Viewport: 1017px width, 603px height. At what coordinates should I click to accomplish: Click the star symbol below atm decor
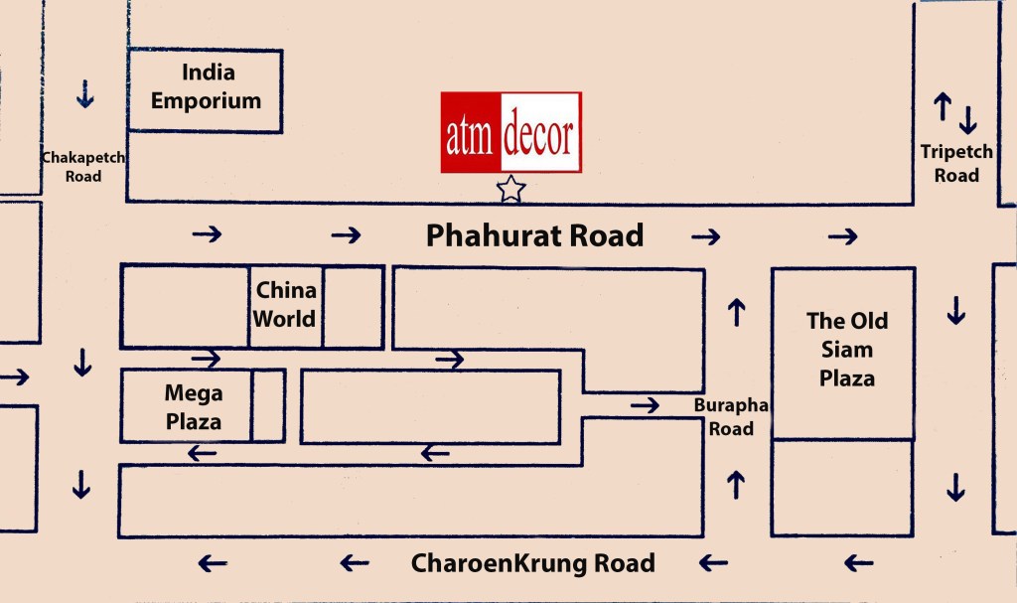pyautogui.click(x=510, y=188)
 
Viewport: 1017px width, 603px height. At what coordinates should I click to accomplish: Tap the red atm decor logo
pyautogui.click(x=510, y=132)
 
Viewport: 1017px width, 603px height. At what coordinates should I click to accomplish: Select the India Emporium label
pyautogui.click(x=206, y=86)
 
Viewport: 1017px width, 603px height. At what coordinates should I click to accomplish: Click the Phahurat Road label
pyautogui.click(x=534, y=235)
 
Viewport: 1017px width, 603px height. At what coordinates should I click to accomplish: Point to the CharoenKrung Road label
pyautogui.click(x=533, y=563)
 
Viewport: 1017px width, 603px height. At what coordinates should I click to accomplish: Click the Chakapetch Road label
pyautogui.click(x=83, y=167)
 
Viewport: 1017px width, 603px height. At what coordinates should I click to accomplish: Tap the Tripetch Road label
pyautogui.click(x=955, y=164)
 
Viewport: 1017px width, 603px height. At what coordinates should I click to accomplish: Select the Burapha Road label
pyautogui.click(x=723, y=417)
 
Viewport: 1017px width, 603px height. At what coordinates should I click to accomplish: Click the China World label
pyautogui.click(x=285, y=305)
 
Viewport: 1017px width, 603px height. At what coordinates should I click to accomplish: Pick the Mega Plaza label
pyautogui.click(x=193, y=406)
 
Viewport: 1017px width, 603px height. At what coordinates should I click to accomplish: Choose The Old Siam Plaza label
pyautogui.click(x=846, y=350)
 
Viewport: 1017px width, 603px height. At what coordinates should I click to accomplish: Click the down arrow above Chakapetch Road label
pyautogui.click(x=84, y=95)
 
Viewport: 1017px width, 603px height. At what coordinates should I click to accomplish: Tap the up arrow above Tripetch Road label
pyautogui.click(x=943, y=105)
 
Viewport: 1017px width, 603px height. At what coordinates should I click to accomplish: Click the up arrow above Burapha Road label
pyautogui.click(x=736, y=312)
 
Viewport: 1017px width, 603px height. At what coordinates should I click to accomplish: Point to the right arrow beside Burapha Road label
pyautogui.click(x=645, y=404)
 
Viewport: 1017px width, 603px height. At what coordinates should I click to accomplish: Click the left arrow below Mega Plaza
pyautogui.click(x=203, y=454)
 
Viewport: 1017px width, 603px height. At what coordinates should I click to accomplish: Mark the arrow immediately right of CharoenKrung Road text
pyautogui.click(x=712, y=563)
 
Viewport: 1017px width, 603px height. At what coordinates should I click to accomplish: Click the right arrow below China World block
pyautogui.click(x=207, y=358)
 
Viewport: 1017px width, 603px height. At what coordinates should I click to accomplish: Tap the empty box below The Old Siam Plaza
pyautogui.click(x=842, y=488)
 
